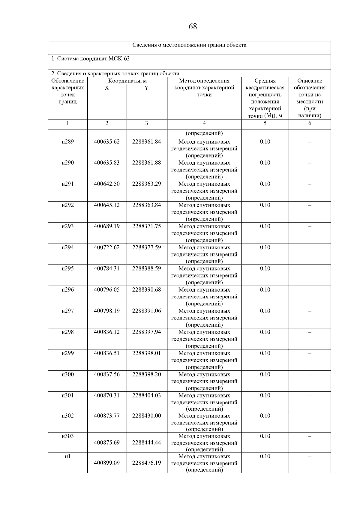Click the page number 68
point(193,27)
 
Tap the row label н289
point(67,142)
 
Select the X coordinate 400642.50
point(107,184)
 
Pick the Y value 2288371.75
point(146,226)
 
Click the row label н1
point(67,456)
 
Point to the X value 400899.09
point(107,463)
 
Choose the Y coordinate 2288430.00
point(146,416)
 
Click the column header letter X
point(107,88)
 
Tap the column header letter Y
point(146,88)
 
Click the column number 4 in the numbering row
point(204,123)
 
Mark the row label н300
point(67,374)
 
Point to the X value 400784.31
point(107,268)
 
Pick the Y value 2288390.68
point(146,290)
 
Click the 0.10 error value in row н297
point(265,311)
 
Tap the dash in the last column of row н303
point(310,436)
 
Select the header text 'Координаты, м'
point(127,81)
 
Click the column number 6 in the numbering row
point(310,123)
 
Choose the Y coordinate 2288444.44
point(146,442)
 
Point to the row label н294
point(67,247)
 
